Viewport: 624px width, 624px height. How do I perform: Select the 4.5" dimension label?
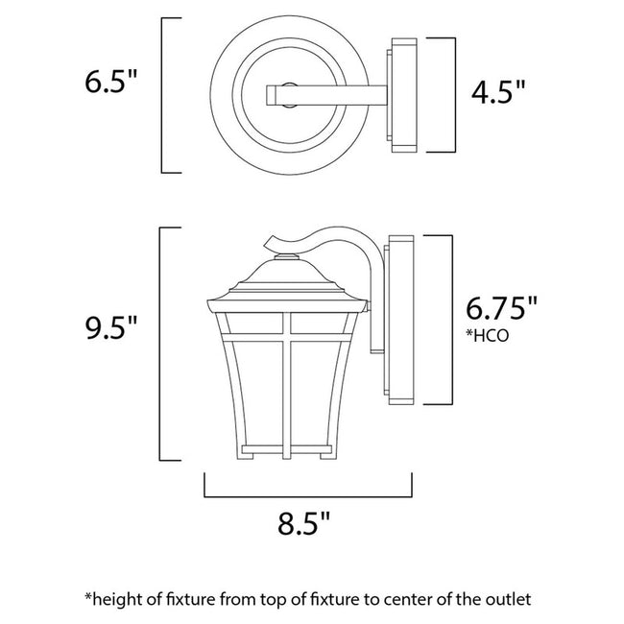(497, 93)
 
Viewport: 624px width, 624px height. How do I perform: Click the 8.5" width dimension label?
(308, 525)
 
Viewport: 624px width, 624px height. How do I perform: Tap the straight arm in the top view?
(326, 93)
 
